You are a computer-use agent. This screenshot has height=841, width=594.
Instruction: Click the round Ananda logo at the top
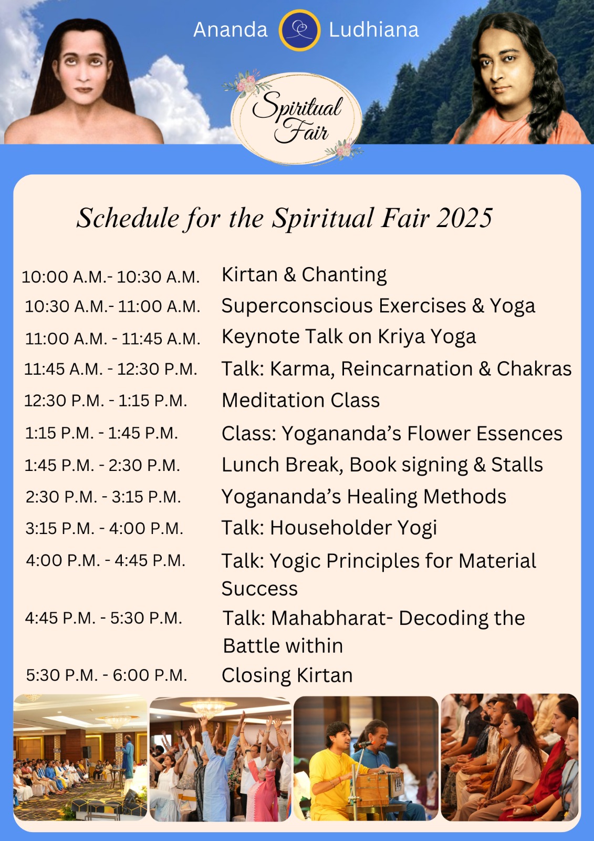299,30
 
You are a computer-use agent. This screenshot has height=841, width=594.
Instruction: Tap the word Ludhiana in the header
374,30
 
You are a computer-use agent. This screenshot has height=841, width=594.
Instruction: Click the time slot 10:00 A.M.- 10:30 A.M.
111,277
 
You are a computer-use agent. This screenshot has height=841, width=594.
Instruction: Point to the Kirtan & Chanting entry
304,274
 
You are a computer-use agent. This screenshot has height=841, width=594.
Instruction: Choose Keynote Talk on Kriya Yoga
349,337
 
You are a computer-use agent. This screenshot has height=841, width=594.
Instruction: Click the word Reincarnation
407,368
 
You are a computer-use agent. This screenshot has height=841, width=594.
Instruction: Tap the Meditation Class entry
300,400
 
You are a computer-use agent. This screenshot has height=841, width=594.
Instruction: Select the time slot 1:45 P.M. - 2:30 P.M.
102,466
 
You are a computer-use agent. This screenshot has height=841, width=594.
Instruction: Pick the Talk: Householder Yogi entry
329,528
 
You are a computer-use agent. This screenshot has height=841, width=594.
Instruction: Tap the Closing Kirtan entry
287,675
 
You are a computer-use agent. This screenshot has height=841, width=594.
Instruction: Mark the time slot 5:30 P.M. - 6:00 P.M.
107,675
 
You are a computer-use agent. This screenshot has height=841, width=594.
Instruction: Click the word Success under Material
259,589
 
